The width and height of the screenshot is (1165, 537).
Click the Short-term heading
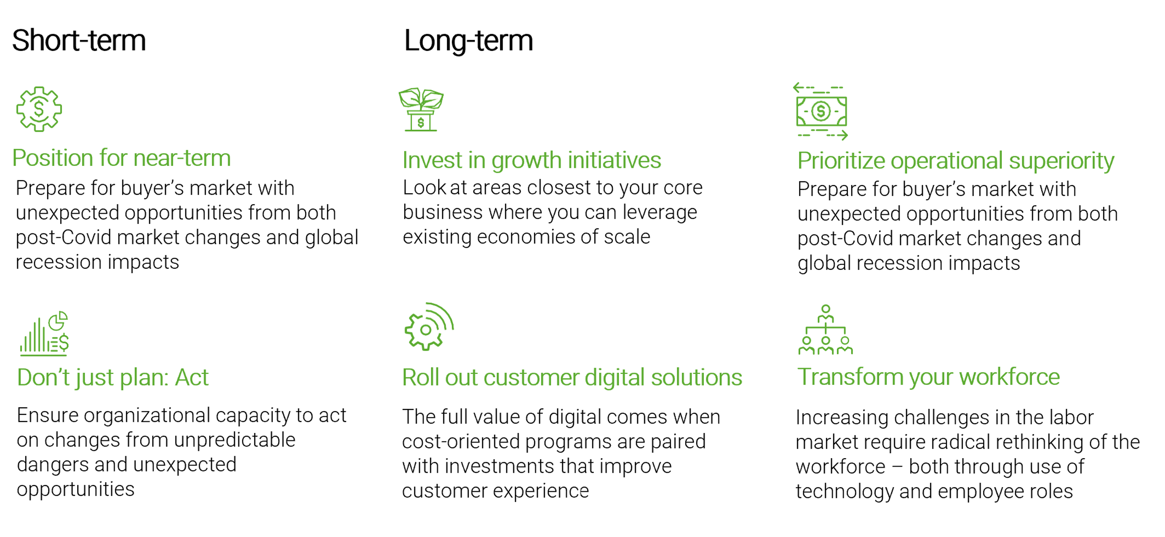[79, 41]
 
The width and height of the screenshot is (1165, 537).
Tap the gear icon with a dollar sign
[39, 109]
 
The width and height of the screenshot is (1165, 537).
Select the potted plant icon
[420, 109]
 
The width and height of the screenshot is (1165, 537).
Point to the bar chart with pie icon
[44, 334]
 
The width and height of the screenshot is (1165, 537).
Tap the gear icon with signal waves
[429, 326]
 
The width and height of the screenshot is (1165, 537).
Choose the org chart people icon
[825, 330]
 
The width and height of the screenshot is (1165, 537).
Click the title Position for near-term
[122, 158]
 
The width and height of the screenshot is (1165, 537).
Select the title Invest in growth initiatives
[532, 161]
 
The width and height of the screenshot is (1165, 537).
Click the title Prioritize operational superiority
[956, 161]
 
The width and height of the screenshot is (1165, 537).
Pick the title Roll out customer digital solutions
[572, 377]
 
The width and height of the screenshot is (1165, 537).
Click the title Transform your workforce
[928, 377]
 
